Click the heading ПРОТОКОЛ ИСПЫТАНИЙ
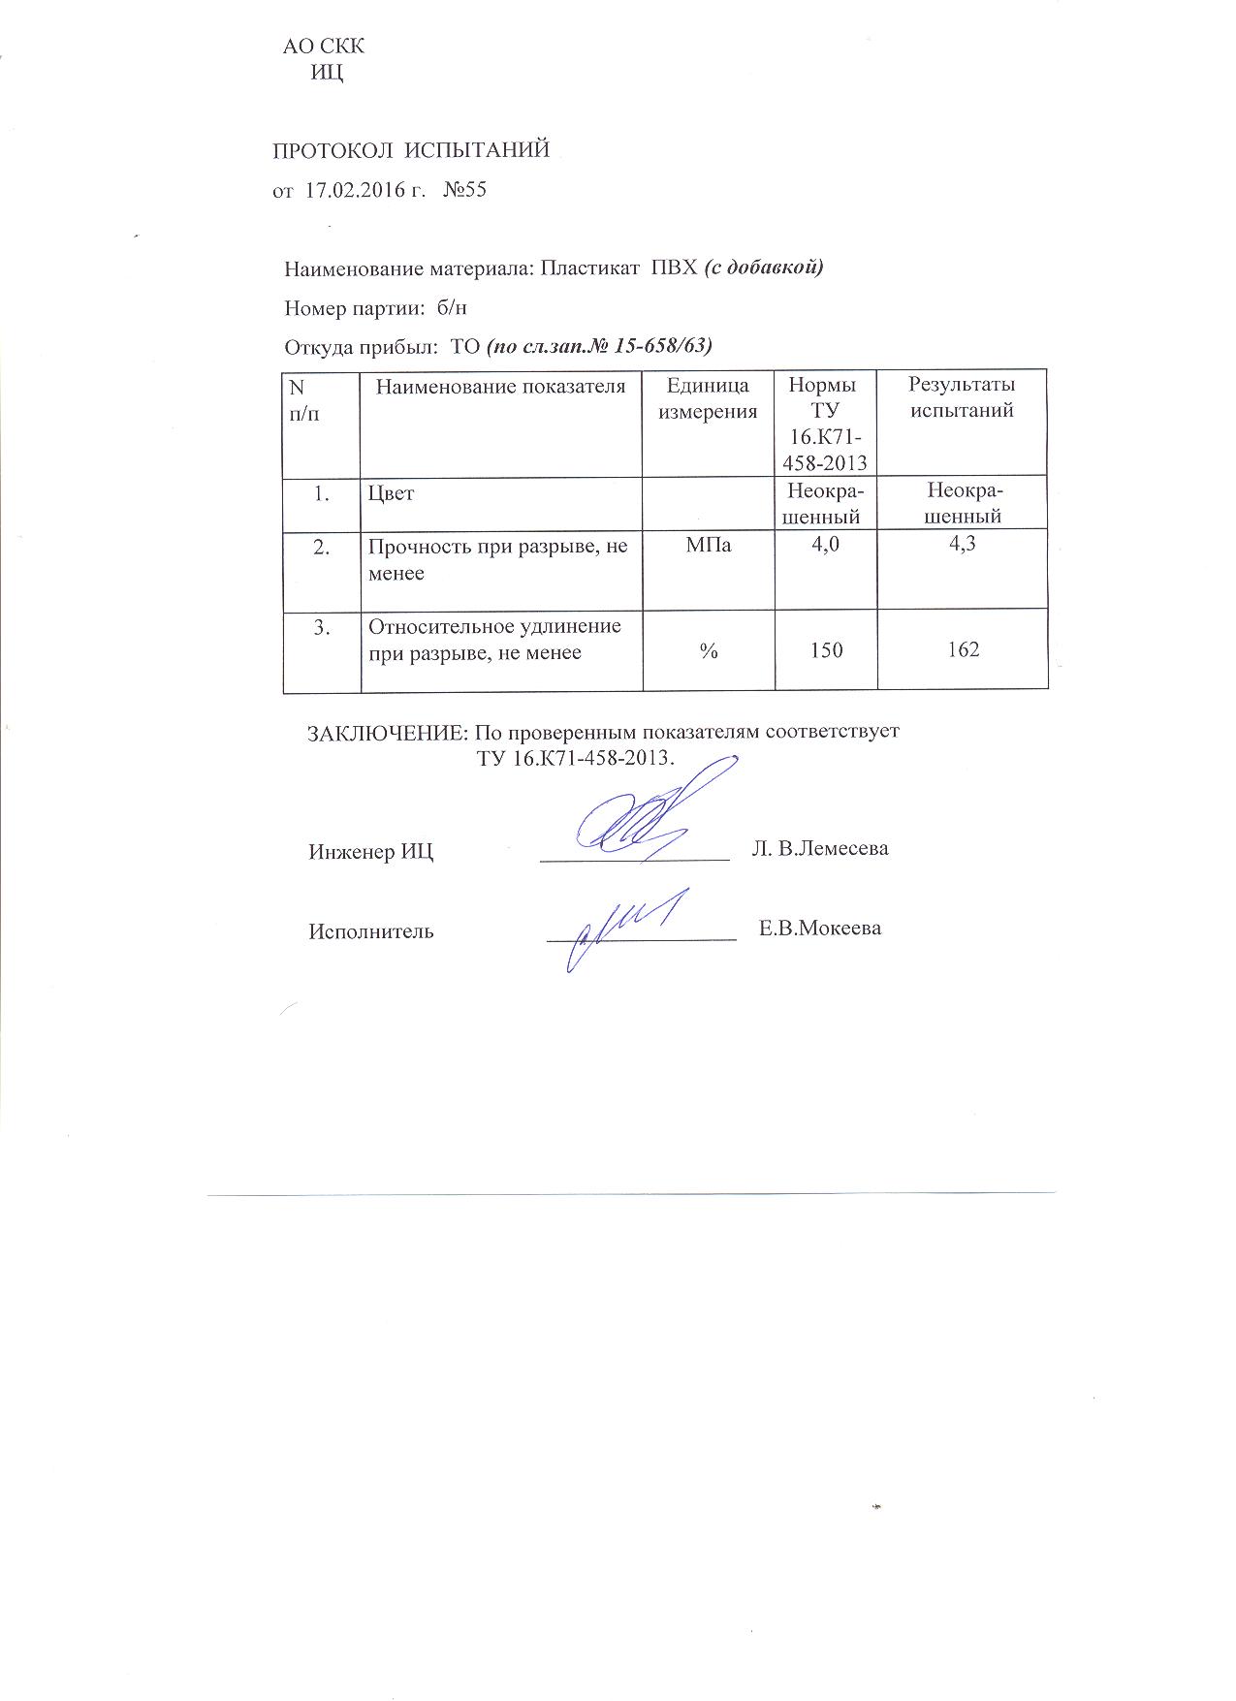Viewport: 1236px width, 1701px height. pyautogui.click(x=410, y=150)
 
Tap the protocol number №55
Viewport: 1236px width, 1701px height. pyautogui.click(x=464, y=190)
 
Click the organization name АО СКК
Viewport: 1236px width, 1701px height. pyautogui.click(x=324, y=47)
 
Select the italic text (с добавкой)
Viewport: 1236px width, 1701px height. pyautogui.click(x=763, y=268)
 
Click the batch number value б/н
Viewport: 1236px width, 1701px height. pyautogui.click(x=452, y=308)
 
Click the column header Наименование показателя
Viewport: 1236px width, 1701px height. pyautogui.click(x=500, y=387)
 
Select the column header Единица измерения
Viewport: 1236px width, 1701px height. pyautogui.click(x=708, y=398)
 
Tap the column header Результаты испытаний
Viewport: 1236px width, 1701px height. pyautogui.click(x=962, y=397)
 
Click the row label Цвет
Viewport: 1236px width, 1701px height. pyautogui.click(x=391, y=493)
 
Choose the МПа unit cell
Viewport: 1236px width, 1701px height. pyautogui.click(x=709, y=546)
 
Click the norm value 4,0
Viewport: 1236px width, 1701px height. pyautogui.click(x=826, y=545)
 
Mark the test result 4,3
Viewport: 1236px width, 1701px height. pyautogui.click(x=962, y=545)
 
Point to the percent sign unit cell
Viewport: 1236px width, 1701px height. pyautogui.click(x=709, y=652)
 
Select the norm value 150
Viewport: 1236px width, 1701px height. pyautogui.click(x=826, y=650)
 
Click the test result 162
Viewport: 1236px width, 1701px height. pyautogui.click(x=963, y=649)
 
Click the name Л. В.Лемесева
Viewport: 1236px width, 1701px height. pyautogui.click(x=820, y=849)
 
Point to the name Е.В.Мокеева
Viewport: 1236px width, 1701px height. pyautogui.click(x=819, y=929)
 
